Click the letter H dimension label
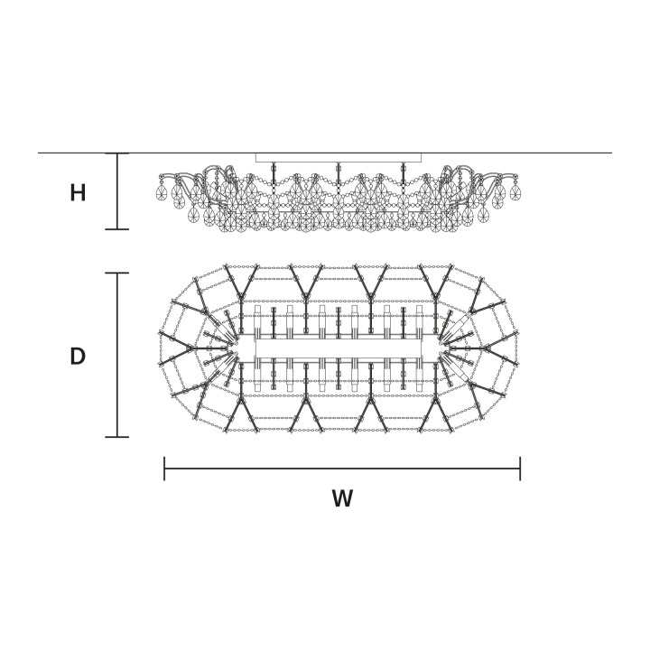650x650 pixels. pyautogui.click(x=78, y=193)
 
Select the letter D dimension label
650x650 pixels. pyautogui.click(x=78, y=356)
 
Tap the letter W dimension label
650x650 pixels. pyautogui.click(x=342, y=498)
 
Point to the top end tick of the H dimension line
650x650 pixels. pyautogui.click(x=117, y=153)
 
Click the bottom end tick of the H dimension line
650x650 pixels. pyautogui.click(x=117, y=228)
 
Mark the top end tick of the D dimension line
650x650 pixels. pyautogui.click(x=117, y=274)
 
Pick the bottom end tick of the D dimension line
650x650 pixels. pyautogui.click(x=117, y=437)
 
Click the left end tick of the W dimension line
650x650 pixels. pyautogui.click(x=164, y=469)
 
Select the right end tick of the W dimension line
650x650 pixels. pyautogui.click(x=520, y=469)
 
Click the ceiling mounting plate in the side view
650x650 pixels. pyautogui.click(x=339, y=157)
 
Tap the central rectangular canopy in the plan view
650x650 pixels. pyautogui.click(x=339, y=348)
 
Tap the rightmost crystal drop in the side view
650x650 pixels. pyautogui.click(x=515, y=191)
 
